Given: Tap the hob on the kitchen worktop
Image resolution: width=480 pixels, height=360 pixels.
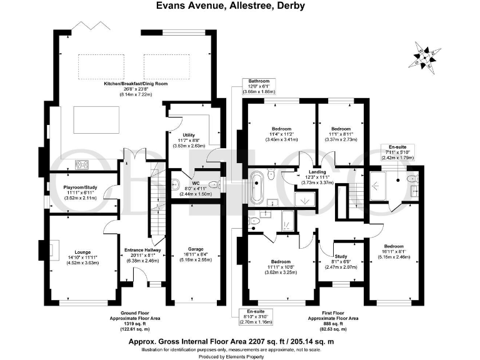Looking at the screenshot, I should [x=81, y=165].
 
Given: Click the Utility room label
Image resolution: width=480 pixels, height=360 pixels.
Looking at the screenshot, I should [x=189, y=139].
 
